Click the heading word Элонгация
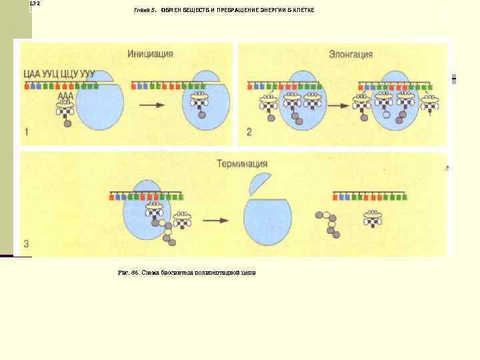[351, 54]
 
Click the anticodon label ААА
[65, 96]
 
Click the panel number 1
[27, 131]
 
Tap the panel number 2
[249, 131]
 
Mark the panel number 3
[27, 243]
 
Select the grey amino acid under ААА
[67, 123]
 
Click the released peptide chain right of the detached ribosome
[327, 223]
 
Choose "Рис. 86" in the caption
[125, 273]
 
